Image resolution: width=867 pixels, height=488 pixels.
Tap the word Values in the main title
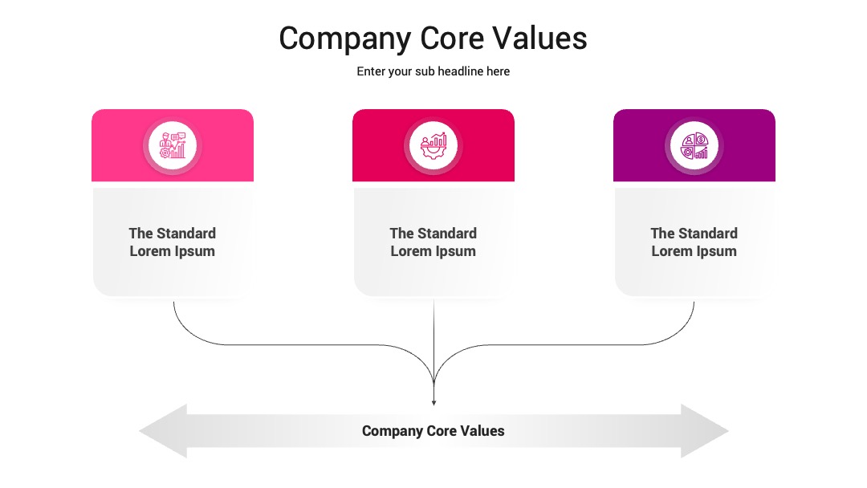pyautogui.click(x=539, y=39)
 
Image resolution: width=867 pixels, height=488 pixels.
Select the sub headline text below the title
pyautogui.click(x=433, y=71)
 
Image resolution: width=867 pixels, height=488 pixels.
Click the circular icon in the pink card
pyautogui.click(x=173, y=146)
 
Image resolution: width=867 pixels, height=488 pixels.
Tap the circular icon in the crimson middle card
pyautogui.click(x=433, y=146)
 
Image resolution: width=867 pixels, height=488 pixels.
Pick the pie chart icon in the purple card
pyautogui.click(x=694, y=146)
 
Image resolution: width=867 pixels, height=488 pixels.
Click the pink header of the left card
pyautogui.click(x=173, y=145)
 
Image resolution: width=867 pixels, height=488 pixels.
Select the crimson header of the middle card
pyautogui.click(x=433, y=145)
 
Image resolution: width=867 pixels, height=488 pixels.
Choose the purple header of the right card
pyautogui.click(x=694, y=145)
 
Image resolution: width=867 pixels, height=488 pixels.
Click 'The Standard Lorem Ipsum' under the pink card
pyautogui.click(x=173, y=242)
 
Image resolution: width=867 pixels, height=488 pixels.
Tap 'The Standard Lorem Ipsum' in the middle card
pyautogui.click(x=433, y=242)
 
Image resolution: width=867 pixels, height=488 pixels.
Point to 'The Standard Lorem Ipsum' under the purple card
pyautogui.click(x=694, y=242)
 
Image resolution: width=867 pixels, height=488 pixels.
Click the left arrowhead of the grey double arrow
pyautogui.click(x=163, y=431)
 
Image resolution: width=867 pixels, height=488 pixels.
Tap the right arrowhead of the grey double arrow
pyautogui.click(x=705, y=431)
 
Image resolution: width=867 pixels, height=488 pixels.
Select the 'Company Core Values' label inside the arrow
pyautogui.click(x=433, y=431)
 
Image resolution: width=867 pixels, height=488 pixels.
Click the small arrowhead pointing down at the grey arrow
pyautogui.click(x=434, y=403)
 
